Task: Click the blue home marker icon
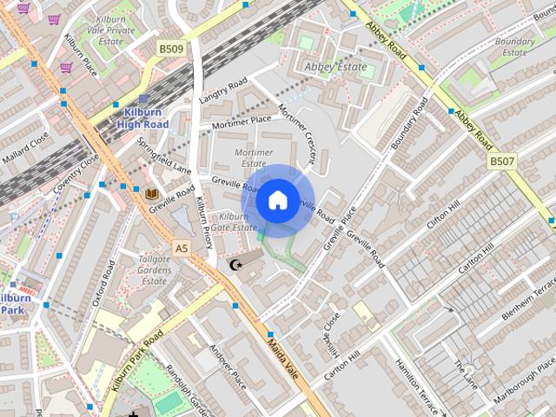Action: tap(277, 201)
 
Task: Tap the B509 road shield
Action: tap(171, 50)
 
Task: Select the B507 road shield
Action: tap(502, 161)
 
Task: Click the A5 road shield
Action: tap(181, 248)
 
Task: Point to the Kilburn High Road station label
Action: tap(142, 118)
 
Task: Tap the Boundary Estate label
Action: tap(515, 46)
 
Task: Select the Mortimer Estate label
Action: tap(253, 157)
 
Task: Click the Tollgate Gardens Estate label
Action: tap(155, 269)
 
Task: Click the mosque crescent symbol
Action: tap(233, 264)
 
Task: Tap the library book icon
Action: tap(152, 192)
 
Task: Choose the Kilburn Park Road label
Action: tap(137, 361)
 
